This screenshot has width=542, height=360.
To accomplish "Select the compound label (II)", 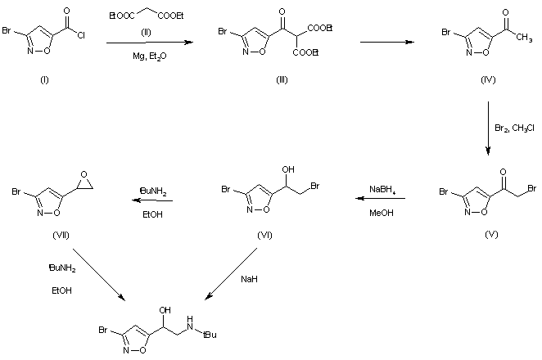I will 145,34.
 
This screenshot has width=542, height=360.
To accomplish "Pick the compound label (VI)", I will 265,234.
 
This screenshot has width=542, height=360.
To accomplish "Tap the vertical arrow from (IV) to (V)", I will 488,127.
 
